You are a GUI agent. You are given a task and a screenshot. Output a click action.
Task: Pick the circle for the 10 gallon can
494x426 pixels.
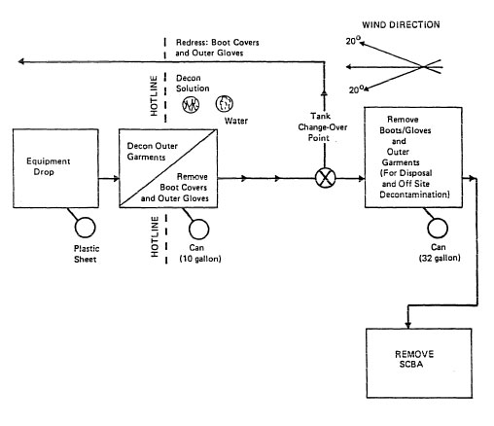coord(198,229)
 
